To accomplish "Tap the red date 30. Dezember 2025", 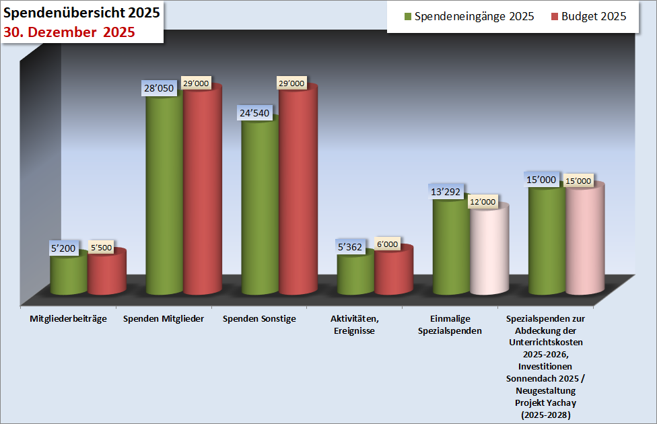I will coord(69,32).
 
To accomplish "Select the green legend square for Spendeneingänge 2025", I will coord(407,16).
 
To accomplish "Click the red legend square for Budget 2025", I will coord(555,16).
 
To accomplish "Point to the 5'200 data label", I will coord(63,248).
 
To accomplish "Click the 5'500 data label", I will coord(100,247).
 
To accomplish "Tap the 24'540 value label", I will coord(254,113).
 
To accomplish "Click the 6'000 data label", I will coord(387,244).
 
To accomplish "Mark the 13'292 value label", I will coord(446,192).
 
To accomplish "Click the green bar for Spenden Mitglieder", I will coord(164,195).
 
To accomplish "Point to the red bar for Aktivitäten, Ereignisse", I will coord(394,271).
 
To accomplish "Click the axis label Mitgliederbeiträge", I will coord(69,318).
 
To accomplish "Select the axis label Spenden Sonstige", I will coord(259,318).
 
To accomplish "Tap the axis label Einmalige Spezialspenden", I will coord(450,324).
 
